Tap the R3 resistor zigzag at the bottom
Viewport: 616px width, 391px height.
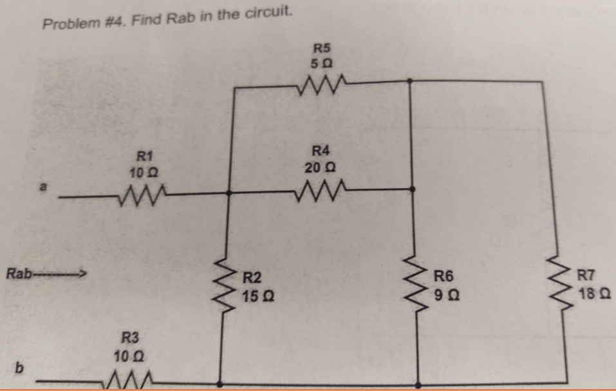point(133,380)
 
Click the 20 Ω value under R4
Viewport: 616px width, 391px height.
point(320,167)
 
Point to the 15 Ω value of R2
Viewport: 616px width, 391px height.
point(256,297)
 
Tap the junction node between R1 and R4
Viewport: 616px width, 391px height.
point(230,191)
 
